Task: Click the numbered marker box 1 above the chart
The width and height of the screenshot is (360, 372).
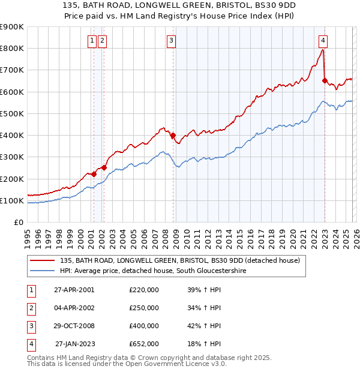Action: click(x=92, y=41)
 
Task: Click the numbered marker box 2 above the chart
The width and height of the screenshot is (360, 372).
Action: click(x=102, y=41)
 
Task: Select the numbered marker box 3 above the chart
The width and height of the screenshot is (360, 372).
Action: click(x=172, y=41)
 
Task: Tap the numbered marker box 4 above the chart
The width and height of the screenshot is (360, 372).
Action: click(x=323, y=41)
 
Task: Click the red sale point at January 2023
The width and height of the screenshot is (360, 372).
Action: click(x=325, y=80)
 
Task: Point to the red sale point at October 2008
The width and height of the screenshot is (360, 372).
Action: click(x=173, y=136)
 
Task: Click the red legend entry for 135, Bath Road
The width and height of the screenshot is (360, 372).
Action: click(x=183, y=260)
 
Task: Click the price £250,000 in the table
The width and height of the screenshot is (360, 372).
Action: click(x=144, y=308)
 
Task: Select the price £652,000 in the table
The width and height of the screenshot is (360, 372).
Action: click(x=144, y=344)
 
